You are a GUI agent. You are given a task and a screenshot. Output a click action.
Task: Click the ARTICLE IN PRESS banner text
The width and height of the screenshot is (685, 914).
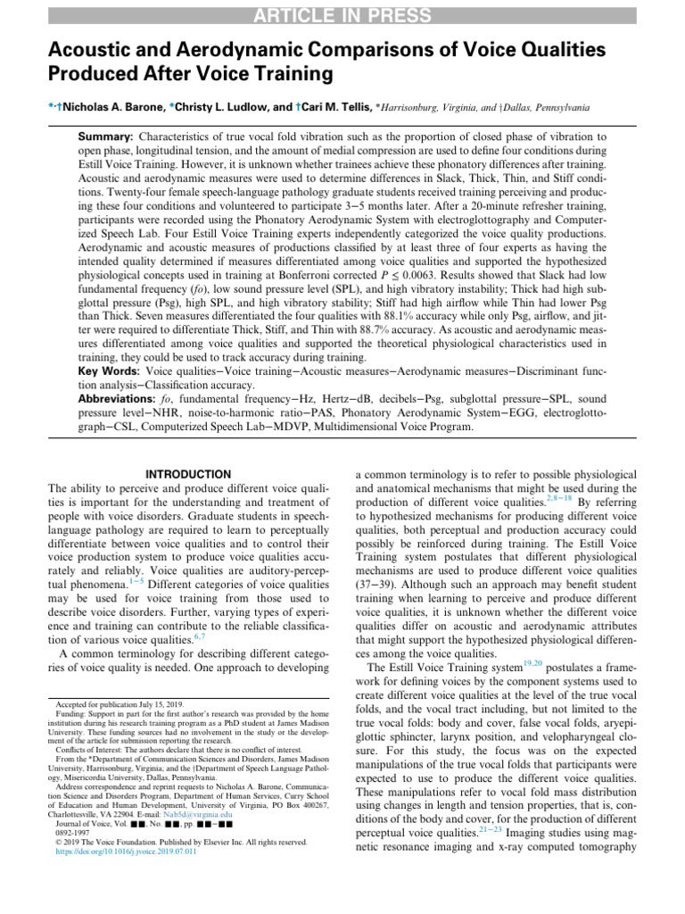(342, 14)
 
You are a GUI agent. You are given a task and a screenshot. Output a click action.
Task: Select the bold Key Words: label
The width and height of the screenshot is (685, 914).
(111, 395)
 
